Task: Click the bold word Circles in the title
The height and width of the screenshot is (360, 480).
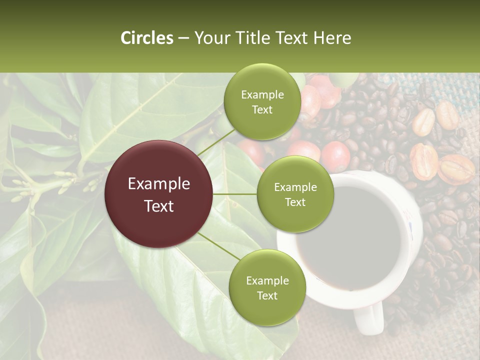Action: tap(147, 38)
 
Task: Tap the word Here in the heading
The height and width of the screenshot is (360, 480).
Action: tap(332, 38)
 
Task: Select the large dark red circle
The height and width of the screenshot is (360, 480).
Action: tap(159, 194)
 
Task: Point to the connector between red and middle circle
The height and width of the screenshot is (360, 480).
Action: tap(235, 194)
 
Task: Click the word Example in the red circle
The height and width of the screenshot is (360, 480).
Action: tap(159, 184)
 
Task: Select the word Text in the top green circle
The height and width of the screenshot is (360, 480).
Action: tap(262, 109)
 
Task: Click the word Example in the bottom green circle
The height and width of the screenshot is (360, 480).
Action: tap(267, 280)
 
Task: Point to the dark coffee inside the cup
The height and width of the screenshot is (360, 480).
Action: tap(350, 235)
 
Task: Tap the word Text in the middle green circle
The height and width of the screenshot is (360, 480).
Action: tap(295, 202)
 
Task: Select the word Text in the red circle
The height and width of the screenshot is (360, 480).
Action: tap(159, 206)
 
